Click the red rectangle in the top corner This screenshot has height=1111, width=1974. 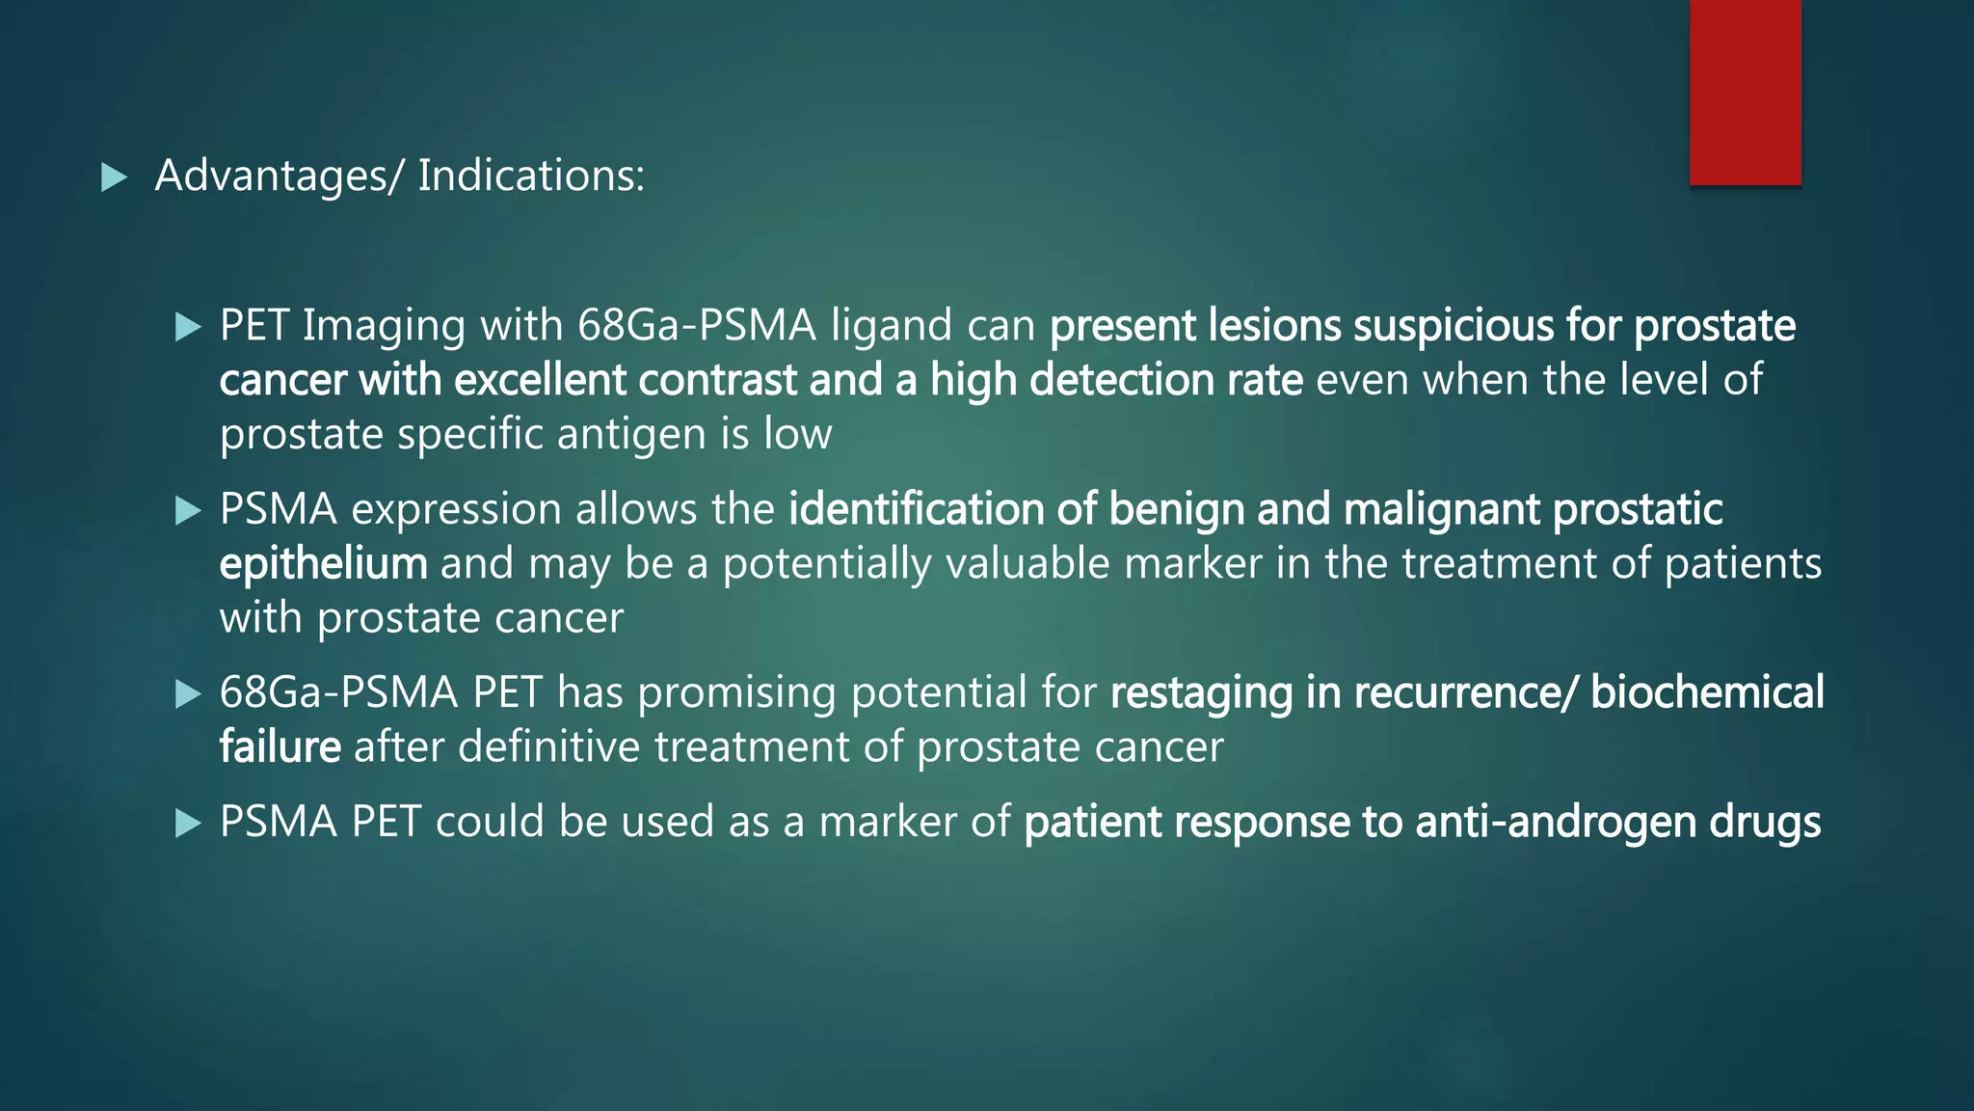(1745, 92)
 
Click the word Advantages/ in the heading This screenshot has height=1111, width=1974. (276, 176)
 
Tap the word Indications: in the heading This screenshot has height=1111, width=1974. (531, 176)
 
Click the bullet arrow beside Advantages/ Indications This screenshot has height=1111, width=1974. (114, 177)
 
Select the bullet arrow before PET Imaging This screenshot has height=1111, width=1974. (188, 327)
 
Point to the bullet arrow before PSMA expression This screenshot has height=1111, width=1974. (188, 510)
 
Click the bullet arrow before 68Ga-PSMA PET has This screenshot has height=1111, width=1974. (188, 694)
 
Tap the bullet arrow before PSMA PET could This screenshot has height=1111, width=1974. (188, 824)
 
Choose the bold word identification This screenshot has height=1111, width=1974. (915, 510)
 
